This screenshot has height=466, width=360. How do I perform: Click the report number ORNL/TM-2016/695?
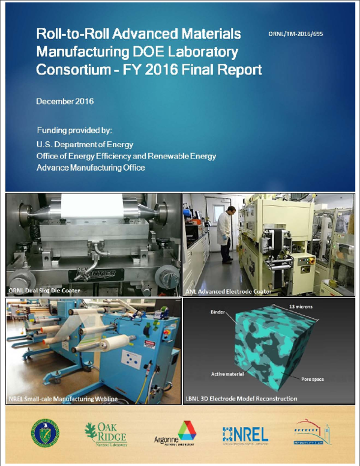[x=296, y=35]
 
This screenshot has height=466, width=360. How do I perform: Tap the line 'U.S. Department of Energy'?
[x=85, y=145]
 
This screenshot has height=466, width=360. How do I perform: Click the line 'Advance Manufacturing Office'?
[x=91, y=168]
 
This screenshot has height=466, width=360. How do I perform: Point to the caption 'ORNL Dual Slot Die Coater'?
[x=45, y=291]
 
